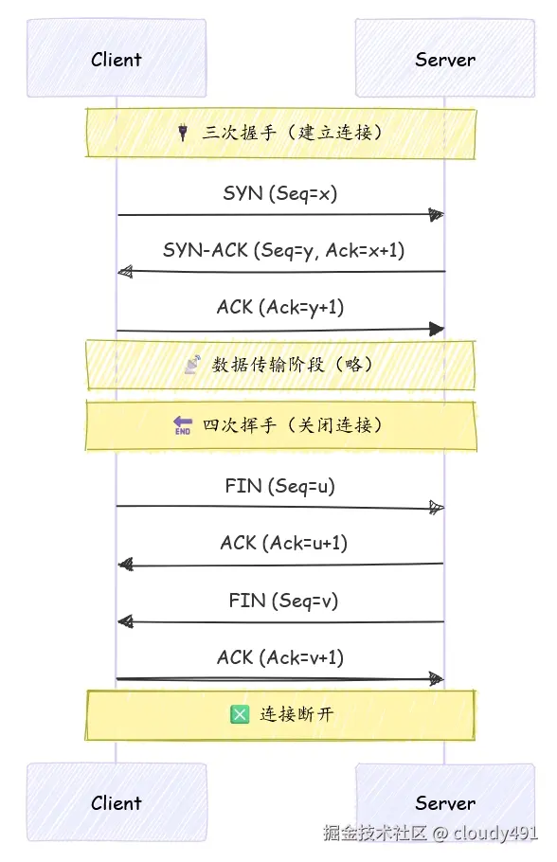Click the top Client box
(x=117, y=59)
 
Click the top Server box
(x=444, y=59)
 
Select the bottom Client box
(x=117, y=802)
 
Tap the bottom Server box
(x=444, y=802)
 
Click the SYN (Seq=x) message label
(x=280, y=193)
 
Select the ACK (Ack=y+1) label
(x=280, y=307)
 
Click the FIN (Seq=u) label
(x=280, y=486)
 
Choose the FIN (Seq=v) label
(x=282, y=600)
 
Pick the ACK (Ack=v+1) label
(x=280, y=656)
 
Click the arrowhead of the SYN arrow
(x=436, y=215)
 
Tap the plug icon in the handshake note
(x=182, y=134)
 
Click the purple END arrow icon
(x=183, y=426)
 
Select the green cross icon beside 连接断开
(x=239, y=714)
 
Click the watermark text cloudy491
(x=495, y=835)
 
